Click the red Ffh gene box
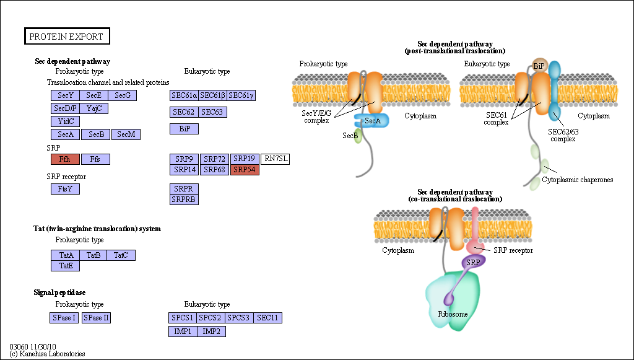pos(65,159)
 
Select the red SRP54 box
pos(245,170)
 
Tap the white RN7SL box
pos(276,159)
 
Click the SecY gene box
pos(66,95)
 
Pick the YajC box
pos(94,108)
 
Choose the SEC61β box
pos(213,95)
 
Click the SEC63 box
pos(213,112)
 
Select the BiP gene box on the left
pos(185,129)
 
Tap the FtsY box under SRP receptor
pos(65,189)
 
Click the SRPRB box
pos(185,200)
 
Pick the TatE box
pos(66,266)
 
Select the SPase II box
pos(96,318)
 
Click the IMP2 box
pos(212,331)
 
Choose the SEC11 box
pos(267,318)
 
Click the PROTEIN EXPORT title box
pos(67,37)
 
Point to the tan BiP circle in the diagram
pos(539,66)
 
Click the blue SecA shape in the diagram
pos(371,121)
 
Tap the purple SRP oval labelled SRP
pos(473,262)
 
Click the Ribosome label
pos(453,314)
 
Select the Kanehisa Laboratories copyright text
pos(47,354)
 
